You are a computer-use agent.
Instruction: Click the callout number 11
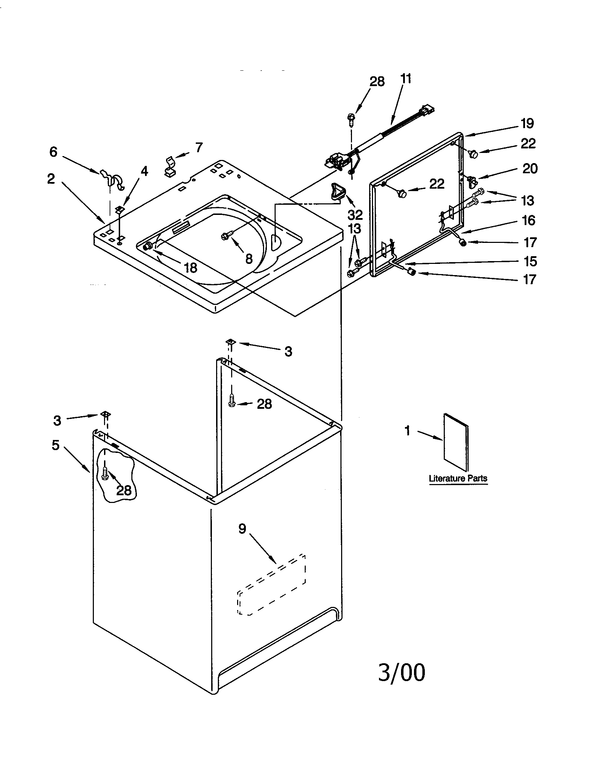click(406, 79)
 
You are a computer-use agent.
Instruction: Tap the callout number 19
click(527, 124)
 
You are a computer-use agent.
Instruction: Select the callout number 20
click(530, 169)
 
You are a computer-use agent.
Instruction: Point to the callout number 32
click(355, 214)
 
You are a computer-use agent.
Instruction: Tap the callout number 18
click(191, 268)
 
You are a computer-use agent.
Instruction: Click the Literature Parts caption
click(458, 478)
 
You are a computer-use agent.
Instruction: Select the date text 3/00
click(401, 672)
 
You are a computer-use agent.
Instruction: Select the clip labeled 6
click(113, 179)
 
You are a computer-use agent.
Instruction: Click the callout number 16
click(529, 221)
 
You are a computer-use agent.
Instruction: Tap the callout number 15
click(530, 261)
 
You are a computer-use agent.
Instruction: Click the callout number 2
click(51, 179)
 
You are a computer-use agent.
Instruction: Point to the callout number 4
click(144, 171)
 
